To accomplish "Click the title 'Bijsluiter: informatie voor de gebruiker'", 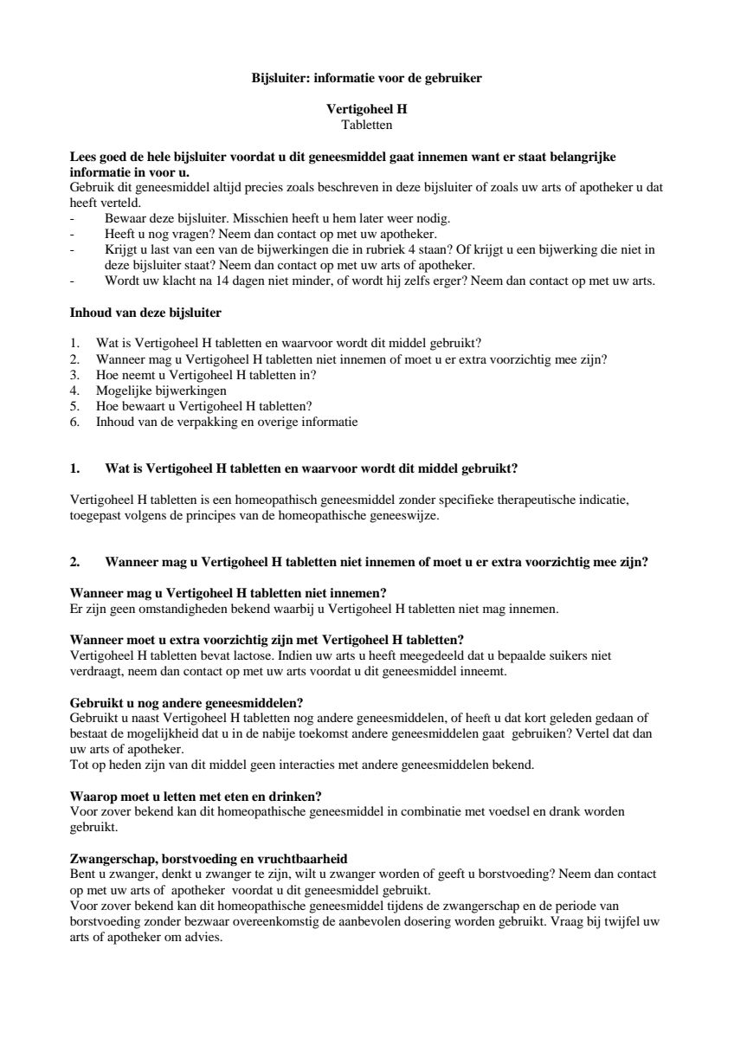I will pyautogui.click(x=366, y=78).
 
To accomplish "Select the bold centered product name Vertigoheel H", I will pyautogui.click(x=366, y=110).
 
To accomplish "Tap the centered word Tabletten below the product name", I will pyautogui.click(x=366, y=125).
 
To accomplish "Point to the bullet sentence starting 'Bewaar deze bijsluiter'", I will pyautogui.click(x=277, y=217).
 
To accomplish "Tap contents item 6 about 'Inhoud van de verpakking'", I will pyautogui.click(x=226, y=422).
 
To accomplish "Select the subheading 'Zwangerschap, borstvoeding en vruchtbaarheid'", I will pyautogui.click(x=208, y=858).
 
